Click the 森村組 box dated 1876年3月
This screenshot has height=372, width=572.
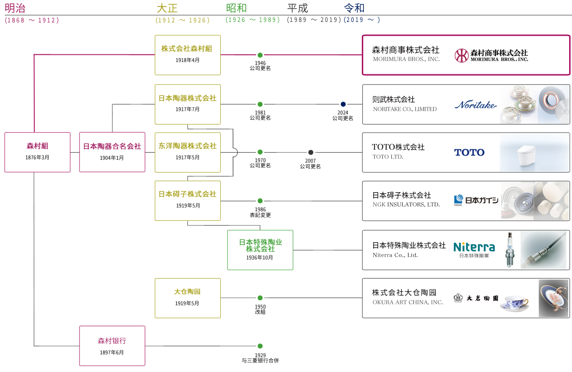tap(37, 152)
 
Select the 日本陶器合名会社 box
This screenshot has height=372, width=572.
tap(112, 152)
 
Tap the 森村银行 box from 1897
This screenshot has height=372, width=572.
tap(112, 346)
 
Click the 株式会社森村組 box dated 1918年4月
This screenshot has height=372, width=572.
tap(187, 54)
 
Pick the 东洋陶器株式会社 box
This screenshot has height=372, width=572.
tap(187, 152)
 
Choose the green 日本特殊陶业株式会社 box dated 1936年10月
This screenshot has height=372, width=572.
tap(260, 249)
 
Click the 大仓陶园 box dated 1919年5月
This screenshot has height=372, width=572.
tap(187, 298)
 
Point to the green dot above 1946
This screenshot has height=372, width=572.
tap(260, 55)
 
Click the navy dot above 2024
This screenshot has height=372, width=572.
tap(343, 104)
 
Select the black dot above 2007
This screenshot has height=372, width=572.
tap(310, 152)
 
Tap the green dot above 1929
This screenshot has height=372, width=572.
tap(260, 346)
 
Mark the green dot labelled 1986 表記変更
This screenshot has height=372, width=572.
tap(260, 201)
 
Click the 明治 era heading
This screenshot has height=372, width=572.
tap(15, 8)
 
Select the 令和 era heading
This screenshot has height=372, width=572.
tap(354, 8)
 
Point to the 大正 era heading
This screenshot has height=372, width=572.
tap(167, 8)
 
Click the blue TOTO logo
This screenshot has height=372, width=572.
tap(469, 153)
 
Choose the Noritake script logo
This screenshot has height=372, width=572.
tap(475, 105)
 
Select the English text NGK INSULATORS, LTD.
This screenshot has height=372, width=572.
tap(406, 205)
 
